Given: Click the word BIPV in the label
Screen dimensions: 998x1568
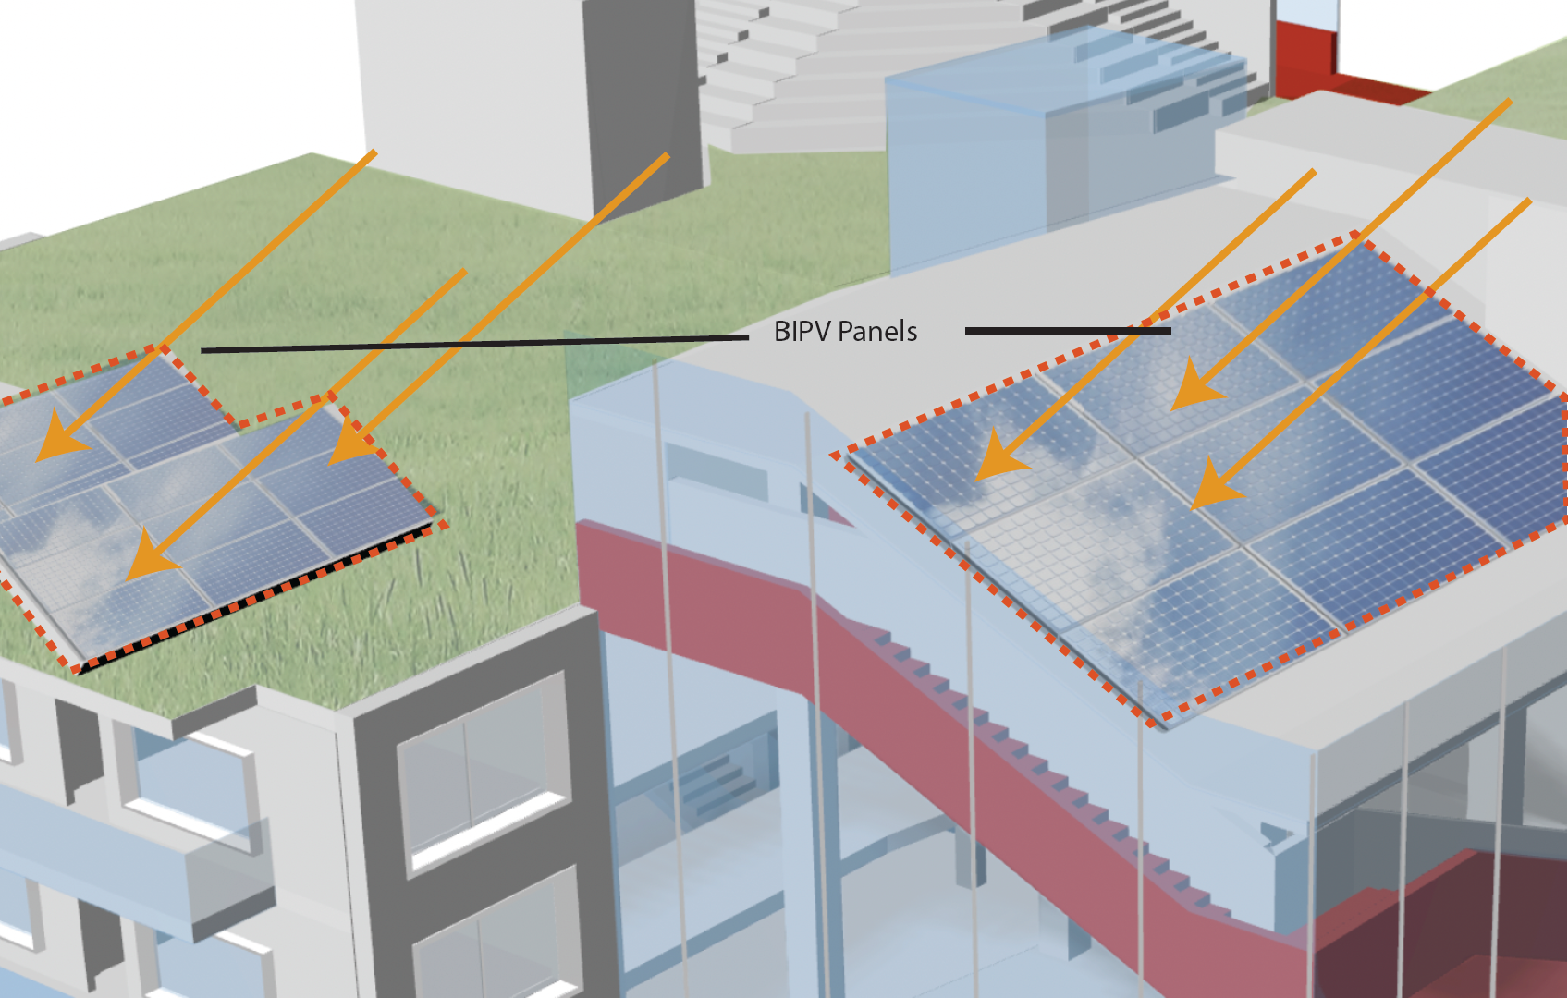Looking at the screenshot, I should pos(802,332).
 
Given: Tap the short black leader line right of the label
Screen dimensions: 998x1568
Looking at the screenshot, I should pos(1068,330).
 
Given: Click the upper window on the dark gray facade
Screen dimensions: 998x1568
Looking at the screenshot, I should pos(481,767).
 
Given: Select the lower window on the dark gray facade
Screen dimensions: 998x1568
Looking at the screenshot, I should pos(495,943).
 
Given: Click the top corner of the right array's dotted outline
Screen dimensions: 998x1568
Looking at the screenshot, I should pos(1357,237).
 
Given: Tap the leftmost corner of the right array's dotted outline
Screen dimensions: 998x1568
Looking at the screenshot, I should pos(835,455).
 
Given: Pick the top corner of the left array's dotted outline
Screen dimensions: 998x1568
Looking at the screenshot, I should pos(163,347).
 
